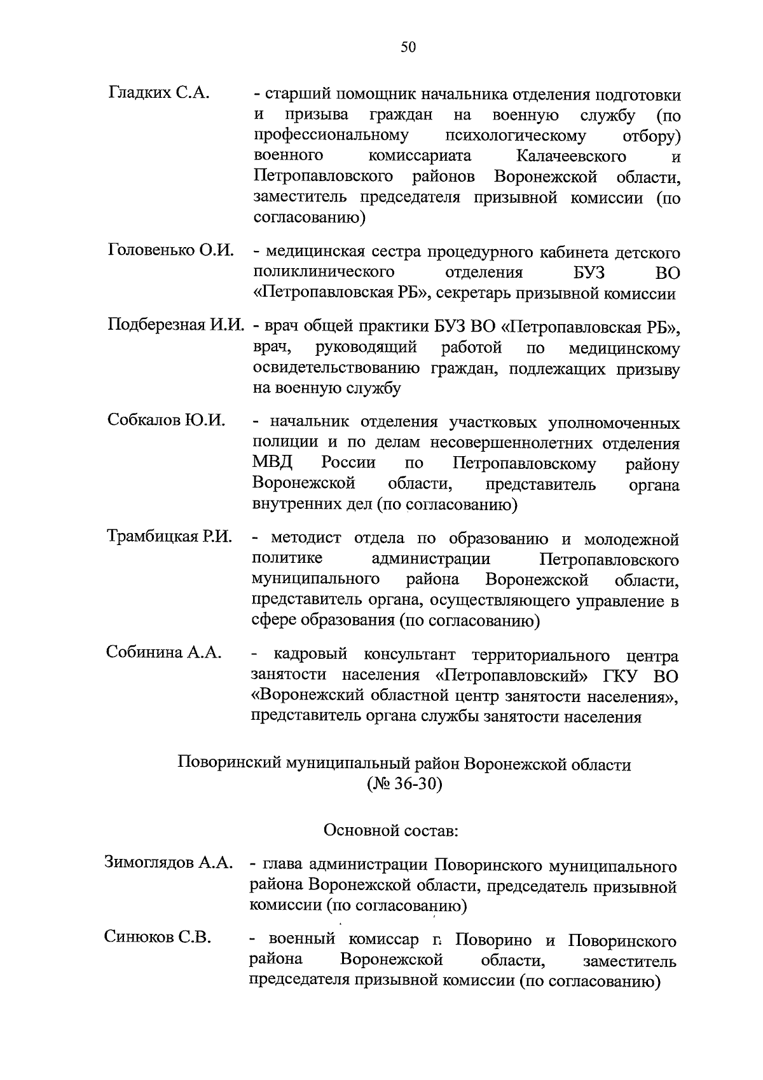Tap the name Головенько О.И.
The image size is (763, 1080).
pyautogui.click(x=171, y=250)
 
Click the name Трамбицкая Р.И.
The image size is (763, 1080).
pyautogui.click(x=169, y=536)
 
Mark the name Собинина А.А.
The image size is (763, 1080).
pyautogui.click(x=164, y=652)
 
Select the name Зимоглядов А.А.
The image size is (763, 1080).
pyautogui.click(x=169, y=863)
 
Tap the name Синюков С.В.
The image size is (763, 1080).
pyautogui.click(x=158, y=938)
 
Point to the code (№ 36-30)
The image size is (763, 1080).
pyautogui.click(x=404, y=784)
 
